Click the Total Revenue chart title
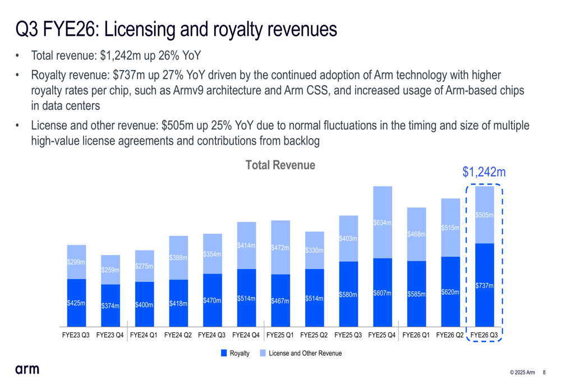click(280, 165)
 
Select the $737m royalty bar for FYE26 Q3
click(484, 286)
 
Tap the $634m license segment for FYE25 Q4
click(383, 223)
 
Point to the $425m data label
click(76, 303)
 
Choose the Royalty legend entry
click(235, 353)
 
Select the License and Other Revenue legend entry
click(300, 353)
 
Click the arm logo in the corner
click(27, 369)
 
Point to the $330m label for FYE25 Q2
click(314, 250)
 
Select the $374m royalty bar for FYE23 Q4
click(111, 306)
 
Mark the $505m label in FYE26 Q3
click(484, 215)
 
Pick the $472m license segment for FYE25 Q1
click(280, 247)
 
